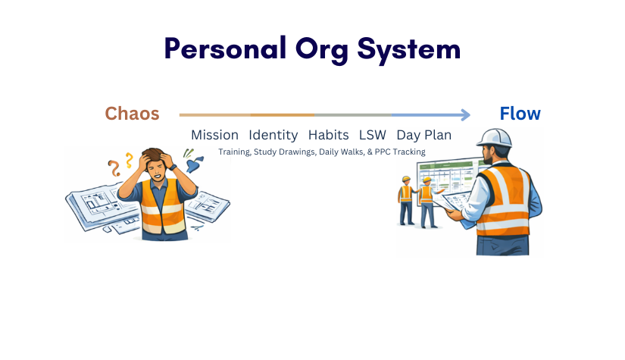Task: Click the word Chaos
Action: pos(132,114)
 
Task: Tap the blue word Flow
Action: pos(520,114)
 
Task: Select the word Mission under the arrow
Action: pos(214,135)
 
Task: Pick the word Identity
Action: pos(273,135)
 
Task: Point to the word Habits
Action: pos(328,135)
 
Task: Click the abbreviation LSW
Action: pos(372,135)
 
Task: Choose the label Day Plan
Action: pos(423,135)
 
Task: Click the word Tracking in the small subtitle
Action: pos(408,152)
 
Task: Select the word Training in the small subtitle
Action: pos(235,152)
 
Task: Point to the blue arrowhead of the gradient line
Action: pos(464,115)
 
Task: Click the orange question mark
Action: pos(115,166)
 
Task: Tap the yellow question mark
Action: pos(129,159)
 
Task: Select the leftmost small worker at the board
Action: pos(406,198)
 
